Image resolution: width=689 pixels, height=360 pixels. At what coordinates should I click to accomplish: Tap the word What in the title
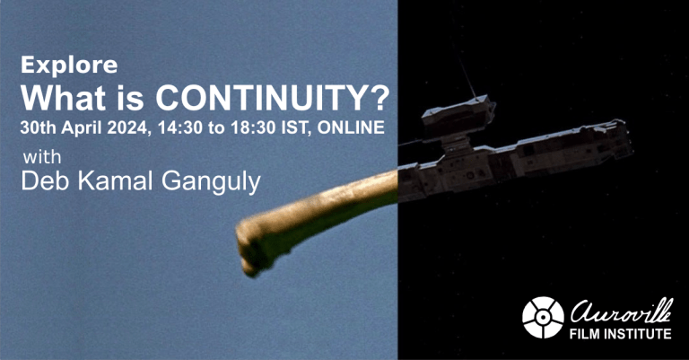click(x=59, y=96)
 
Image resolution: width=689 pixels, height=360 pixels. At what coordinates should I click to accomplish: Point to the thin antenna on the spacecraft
click(x=469, y=81)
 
